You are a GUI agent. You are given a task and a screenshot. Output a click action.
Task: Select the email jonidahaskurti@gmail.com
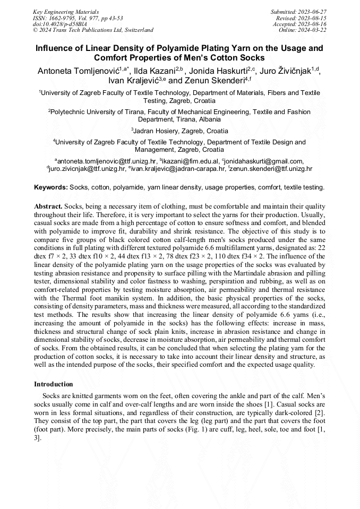pos(264,161)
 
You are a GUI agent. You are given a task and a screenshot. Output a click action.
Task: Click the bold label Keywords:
pos(51,187)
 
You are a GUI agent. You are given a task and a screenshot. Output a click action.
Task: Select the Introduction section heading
pos(54,384)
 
